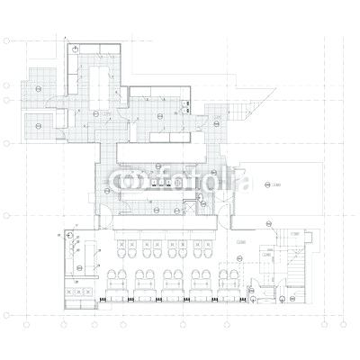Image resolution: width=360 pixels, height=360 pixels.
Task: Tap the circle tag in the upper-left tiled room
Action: coord(40,88)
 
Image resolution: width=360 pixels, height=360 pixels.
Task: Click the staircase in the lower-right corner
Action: coord(296,270)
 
